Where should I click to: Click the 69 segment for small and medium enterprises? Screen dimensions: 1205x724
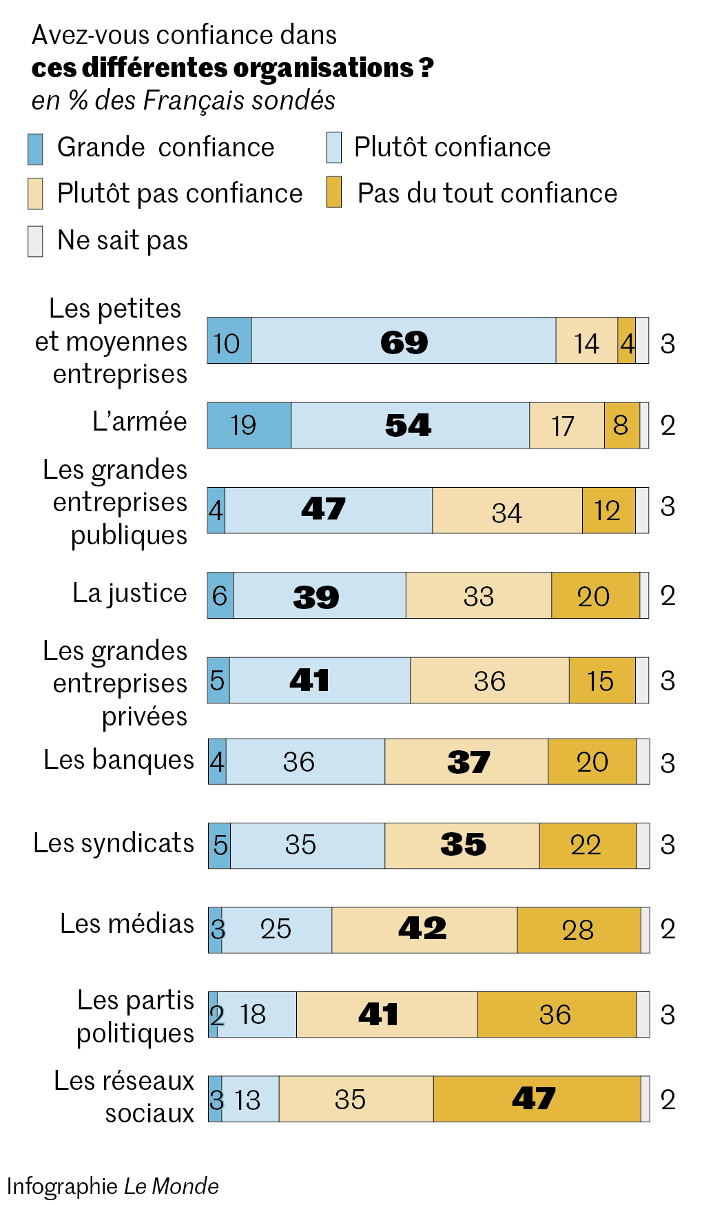pos(404,341)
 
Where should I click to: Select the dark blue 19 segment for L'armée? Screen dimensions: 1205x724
pos(249,425)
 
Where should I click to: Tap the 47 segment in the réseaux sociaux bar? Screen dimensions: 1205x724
pos(537,1099)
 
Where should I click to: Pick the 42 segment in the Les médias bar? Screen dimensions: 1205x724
pos(424,929)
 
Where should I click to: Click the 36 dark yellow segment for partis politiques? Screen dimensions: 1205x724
pos(556,1014)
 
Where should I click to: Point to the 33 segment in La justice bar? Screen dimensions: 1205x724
pos(478,595)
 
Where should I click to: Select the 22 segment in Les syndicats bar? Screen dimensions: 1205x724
pos(587,845)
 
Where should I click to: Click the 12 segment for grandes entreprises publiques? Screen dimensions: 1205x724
pos(608,511)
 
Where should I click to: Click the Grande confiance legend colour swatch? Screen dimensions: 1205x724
pos(35,149)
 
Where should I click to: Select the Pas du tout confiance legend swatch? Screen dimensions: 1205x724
pos(334,193)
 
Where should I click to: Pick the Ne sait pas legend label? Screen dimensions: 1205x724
pos(123,240)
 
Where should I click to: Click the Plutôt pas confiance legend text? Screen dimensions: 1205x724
pos(180,194)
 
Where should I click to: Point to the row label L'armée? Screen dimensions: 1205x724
pos(140,422)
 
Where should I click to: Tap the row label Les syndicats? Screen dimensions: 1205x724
pos(114,843)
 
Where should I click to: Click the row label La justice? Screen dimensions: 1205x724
pos(130,593)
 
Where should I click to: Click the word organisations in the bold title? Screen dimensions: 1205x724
pos(323,68)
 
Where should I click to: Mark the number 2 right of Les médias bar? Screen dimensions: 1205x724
pos(668,929)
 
